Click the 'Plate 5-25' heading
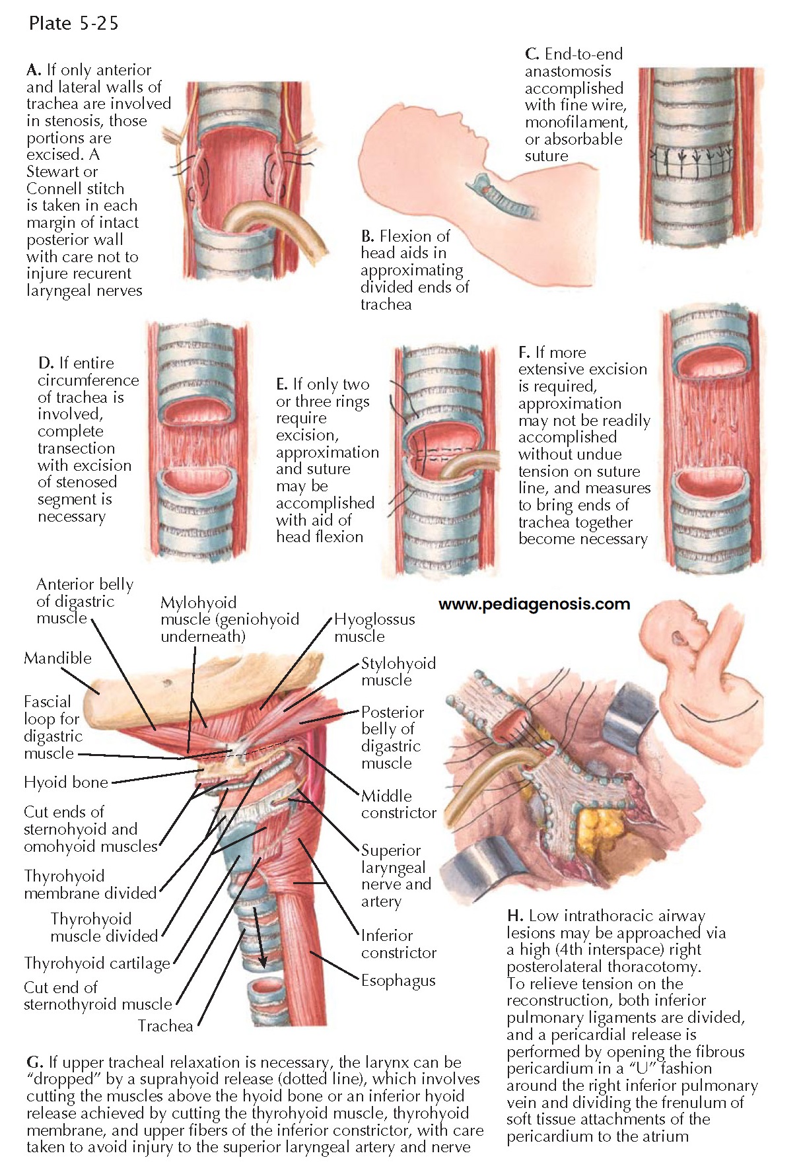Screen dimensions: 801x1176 tap(73, 24)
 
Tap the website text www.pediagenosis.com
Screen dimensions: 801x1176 tap(534, 604)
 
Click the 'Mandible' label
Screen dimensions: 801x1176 tap(57, 658)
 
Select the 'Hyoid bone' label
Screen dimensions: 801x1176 tap(65, 782)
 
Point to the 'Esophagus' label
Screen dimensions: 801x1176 tap(398, 981)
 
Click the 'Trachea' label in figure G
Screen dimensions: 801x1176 tap(165, 1025)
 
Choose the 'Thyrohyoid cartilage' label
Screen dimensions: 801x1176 tap(97, 963)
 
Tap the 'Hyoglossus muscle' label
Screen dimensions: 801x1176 tap(374, 628)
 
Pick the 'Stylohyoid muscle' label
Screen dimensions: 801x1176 tap(398, 672)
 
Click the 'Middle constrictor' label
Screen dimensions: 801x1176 tap(398, 804)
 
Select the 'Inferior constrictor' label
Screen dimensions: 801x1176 tap(398, 944)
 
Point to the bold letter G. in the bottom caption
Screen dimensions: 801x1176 tap(34, 1062)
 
